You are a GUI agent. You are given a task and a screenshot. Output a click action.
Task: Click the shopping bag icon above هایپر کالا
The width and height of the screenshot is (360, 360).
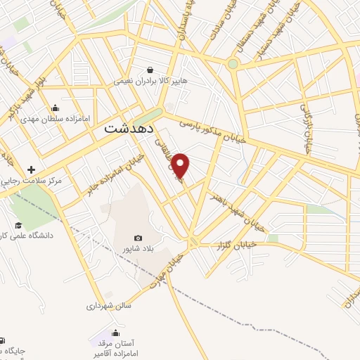pyautogui.click(x=150, y=70)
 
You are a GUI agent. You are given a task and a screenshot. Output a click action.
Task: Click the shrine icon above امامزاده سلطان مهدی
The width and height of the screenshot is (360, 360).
pyautogui.click(x=56, y=108)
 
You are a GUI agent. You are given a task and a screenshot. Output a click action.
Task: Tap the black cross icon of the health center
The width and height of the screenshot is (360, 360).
pyautogui.click(x=31, y=169)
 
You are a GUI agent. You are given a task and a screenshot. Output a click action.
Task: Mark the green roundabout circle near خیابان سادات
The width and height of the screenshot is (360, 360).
pyautogui.click(x=233, y=64)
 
